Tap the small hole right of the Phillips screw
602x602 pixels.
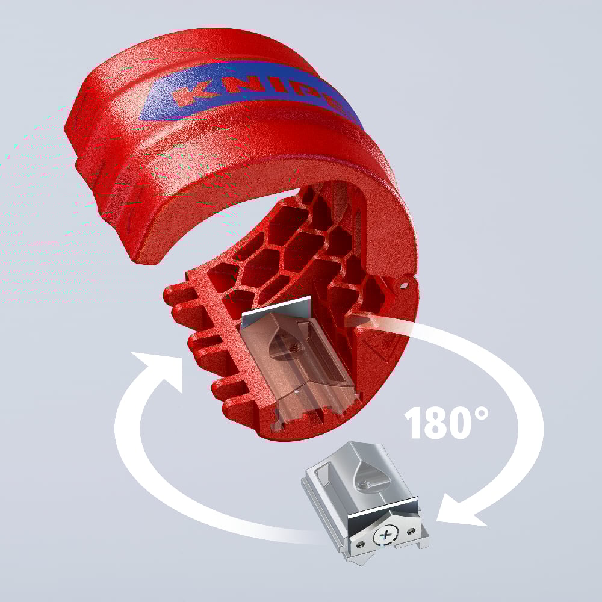411,529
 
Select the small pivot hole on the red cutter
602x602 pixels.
405,281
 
